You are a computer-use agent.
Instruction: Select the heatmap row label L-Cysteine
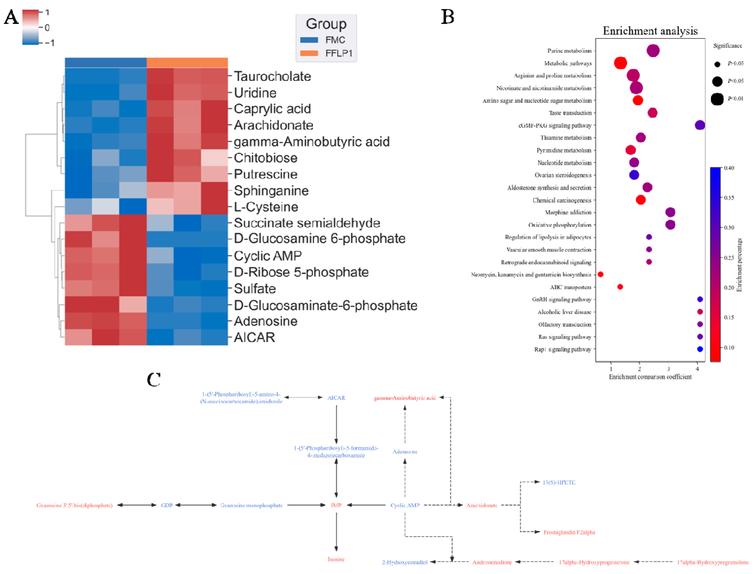click(x=266, y=207)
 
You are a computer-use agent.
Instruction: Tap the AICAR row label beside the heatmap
click(x=254, y=337)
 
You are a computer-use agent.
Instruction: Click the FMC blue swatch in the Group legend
click(x=309, y=40)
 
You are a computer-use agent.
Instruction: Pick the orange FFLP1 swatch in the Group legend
click(x=309, y=53)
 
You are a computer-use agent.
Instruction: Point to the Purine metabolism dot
click(x=653, y=51)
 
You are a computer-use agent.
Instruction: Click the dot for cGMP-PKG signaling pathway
click(x=700, y=125)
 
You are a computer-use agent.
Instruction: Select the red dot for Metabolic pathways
click(x=620, y=63)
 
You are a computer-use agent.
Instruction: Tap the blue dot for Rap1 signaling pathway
click(x=700, y=349)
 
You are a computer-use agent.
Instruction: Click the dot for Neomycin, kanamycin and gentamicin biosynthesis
click(x=600, y=274)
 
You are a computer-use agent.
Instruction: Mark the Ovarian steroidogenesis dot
click(x=634, y=175)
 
